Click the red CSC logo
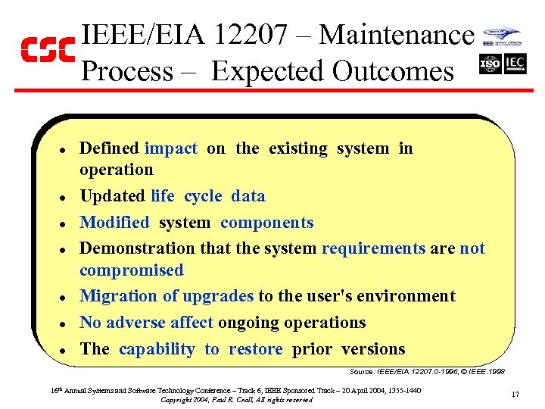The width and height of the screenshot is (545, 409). (x=47, y=50)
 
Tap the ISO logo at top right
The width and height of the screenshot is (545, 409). (x=490, y=64)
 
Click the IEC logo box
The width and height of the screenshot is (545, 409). (x=515, y=64)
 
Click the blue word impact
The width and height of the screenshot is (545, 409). (x=170, y=148)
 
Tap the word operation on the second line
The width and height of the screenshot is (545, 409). (x=116, y=170)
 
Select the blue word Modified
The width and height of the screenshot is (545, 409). (x=114, y=223)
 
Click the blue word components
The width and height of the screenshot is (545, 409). (x=266, y=223)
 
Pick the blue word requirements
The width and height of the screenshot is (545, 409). (x=374, y=248)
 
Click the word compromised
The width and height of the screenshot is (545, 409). (x=131, y=270)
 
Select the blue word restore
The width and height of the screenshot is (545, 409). (x=255, y=349)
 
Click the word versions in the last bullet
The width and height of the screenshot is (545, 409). (x=373, y=349)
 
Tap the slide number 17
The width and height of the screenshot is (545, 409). (x=515, y=394)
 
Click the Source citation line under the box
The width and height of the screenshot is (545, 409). (x=427, y=372)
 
